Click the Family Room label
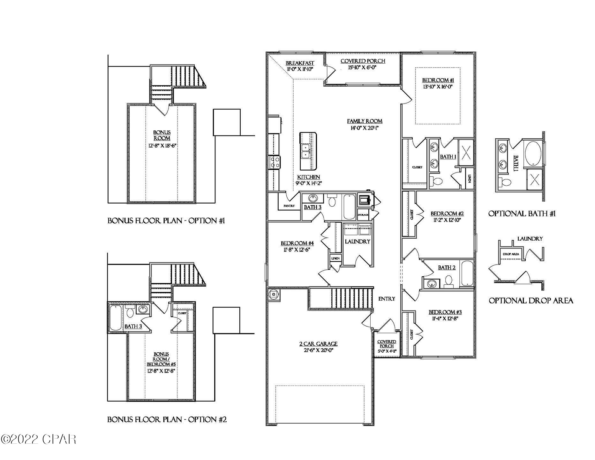point(365,121)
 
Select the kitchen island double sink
point(306,151)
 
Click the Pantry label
point(289,206)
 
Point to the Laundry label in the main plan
point(357,241)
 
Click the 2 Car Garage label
point(318,344)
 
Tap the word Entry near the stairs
point(387,299)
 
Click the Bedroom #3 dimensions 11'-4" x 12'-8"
point(445,318)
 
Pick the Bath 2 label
point(446,268)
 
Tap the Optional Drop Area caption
point(531,301)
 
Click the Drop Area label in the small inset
point(511,254)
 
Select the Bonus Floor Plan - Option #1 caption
point(166,221)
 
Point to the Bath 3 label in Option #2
point(133,326)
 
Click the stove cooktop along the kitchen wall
point(274,162)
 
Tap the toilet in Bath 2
point(448,281)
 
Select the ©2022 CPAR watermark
point(38,439)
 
